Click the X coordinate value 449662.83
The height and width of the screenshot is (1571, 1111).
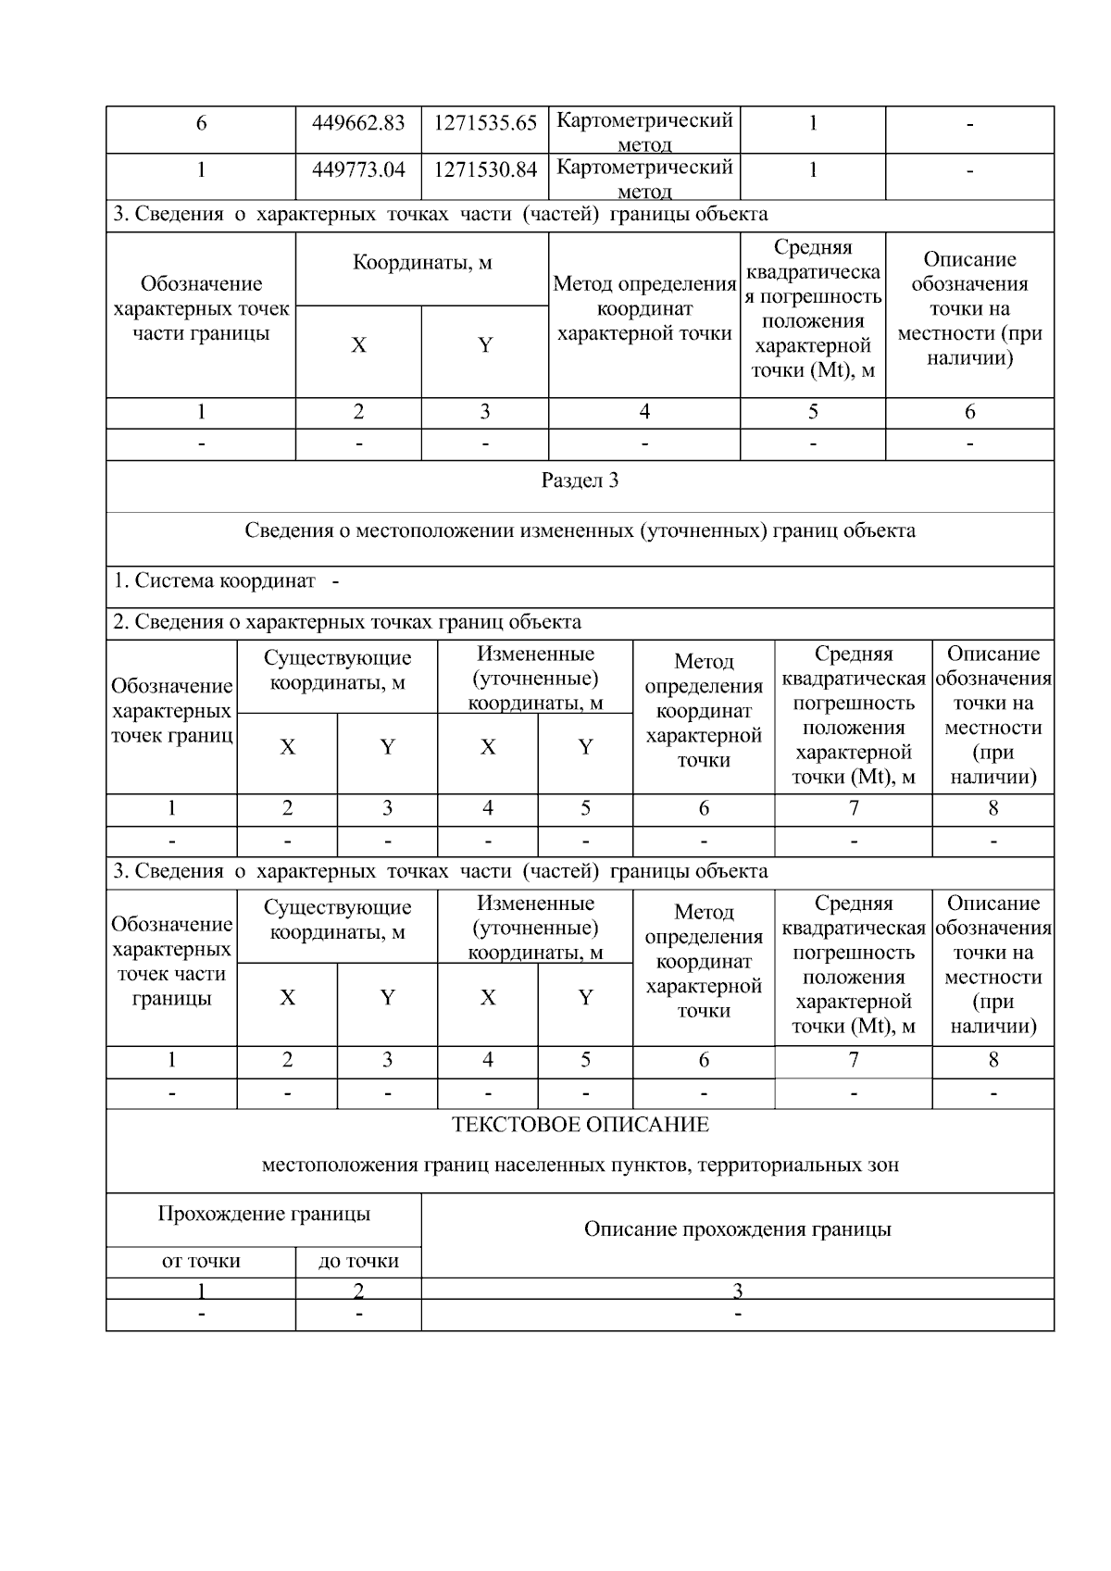tap(358, 123)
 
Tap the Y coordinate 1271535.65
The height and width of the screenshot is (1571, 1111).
tap(485, 123)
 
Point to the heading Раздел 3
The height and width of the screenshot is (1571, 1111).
tap(580, 480)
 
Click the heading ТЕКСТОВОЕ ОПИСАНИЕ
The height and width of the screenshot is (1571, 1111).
tap(580, 1125)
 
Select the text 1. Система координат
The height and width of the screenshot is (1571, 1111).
tap(215, 581)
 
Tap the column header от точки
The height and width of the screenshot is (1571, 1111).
tap(201, 1261)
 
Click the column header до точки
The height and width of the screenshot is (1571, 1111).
tap(358, 1261)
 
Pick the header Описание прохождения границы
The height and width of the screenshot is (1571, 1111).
tap(737, 1229)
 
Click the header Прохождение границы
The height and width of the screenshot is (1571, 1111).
tap(264, 1214)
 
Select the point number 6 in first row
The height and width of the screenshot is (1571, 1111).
tap(201, 123)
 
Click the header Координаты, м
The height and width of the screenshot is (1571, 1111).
tap(422, 263)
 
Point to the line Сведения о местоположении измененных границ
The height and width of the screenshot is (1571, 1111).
tap(580, 530)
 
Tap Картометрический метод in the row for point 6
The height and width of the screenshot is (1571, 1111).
tap(644, 131)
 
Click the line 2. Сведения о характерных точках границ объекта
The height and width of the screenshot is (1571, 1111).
tap(347, 622)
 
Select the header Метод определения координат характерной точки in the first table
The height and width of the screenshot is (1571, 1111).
tap(644, 309)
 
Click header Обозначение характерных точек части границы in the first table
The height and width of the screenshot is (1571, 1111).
tap(201, 309)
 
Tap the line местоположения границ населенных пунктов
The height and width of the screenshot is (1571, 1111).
tap(580, 1165)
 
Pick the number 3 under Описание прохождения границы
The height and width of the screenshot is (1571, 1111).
tap(737, 1290)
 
